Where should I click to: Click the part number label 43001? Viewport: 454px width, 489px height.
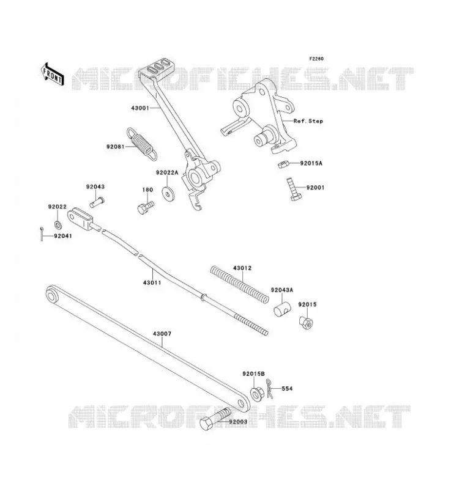(x=141, y=108)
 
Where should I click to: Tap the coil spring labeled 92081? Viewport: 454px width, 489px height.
(x=141, y=144)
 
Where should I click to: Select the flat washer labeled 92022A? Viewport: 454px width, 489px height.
(x=169, y=193)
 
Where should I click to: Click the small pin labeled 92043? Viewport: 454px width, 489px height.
(x=97, y=201)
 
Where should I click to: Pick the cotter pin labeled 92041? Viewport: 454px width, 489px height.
(x=42, y=234)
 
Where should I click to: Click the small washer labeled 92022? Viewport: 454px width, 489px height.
(x=58, y=224)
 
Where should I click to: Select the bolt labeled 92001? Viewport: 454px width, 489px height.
(x=294, y=189)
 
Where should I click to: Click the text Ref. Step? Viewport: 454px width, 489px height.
(x=308, y=121)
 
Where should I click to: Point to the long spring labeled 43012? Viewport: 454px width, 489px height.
(x=239, y=284)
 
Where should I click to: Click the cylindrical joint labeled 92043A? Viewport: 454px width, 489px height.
(x=282, y=309)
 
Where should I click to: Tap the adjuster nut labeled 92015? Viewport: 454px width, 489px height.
(x=306, y=323)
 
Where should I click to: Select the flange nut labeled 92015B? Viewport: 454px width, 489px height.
(x=257, y=394)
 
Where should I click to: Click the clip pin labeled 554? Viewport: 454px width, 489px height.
(x=269, y=388)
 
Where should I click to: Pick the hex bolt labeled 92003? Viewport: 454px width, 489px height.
(x=214, y=419)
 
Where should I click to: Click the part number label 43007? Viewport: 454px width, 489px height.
(x=162, y=334)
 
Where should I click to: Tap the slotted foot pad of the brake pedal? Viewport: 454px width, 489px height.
(x=155, y=68)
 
